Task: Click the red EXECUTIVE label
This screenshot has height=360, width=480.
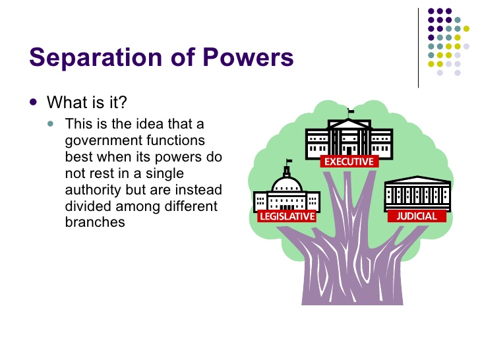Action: (349, 162)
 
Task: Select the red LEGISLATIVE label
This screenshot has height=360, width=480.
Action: (287, 216)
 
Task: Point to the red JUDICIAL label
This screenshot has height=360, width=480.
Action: (416, 216)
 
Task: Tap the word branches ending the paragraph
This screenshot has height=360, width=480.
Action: (95, 222)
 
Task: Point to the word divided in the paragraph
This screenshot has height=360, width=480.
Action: (88, 206)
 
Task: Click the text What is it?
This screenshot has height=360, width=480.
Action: (87, 103)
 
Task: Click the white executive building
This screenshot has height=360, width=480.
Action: (348, 138)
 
